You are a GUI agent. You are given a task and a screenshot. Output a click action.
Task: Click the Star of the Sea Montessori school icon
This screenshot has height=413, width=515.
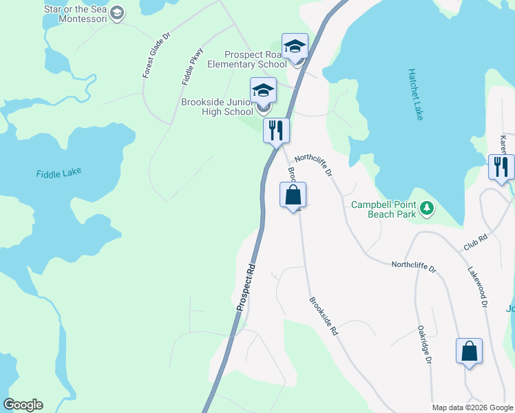117,13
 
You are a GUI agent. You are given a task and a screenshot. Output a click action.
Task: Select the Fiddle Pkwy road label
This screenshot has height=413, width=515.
193,66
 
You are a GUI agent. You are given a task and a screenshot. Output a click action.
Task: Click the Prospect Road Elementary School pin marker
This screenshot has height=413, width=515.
295,47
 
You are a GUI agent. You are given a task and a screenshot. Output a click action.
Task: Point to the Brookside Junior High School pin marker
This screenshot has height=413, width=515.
263,92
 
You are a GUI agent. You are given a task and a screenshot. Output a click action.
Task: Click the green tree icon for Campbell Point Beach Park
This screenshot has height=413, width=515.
427,206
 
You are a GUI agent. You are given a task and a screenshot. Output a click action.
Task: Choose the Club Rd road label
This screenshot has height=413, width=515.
475,241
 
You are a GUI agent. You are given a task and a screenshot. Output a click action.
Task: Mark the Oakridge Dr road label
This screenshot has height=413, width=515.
423,345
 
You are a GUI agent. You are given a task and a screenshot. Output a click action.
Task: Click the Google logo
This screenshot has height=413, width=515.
23,405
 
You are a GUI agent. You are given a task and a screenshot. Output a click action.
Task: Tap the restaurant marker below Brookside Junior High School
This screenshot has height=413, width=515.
276,130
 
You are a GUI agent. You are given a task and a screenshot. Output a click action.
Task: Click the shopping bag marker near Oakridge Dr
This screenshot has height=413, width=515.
469,352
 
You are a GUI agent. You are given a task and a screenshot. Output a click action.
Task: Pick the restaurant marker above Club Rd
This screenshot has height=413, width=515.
501,167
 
